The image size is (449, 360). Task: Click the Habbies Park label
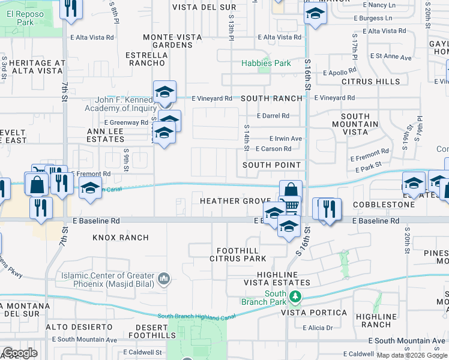click(266, 63)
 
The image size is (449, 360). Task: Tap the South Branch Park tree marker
click(295, 296)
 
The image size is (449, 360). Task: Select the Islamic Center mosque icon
click(164, 278)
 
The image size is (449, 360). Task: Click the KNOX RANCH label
click(120, 238)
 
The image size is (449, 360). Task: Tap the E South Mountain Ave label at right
click(408, 341)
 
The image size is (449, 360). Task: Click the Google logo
click(19, 353)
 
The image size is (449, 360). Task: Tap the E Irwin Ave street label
click(285, 138)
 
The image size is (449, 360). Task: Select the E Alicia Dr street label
click(318, 328)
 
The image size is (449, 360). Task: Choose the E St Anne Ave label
click(391, 57)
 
